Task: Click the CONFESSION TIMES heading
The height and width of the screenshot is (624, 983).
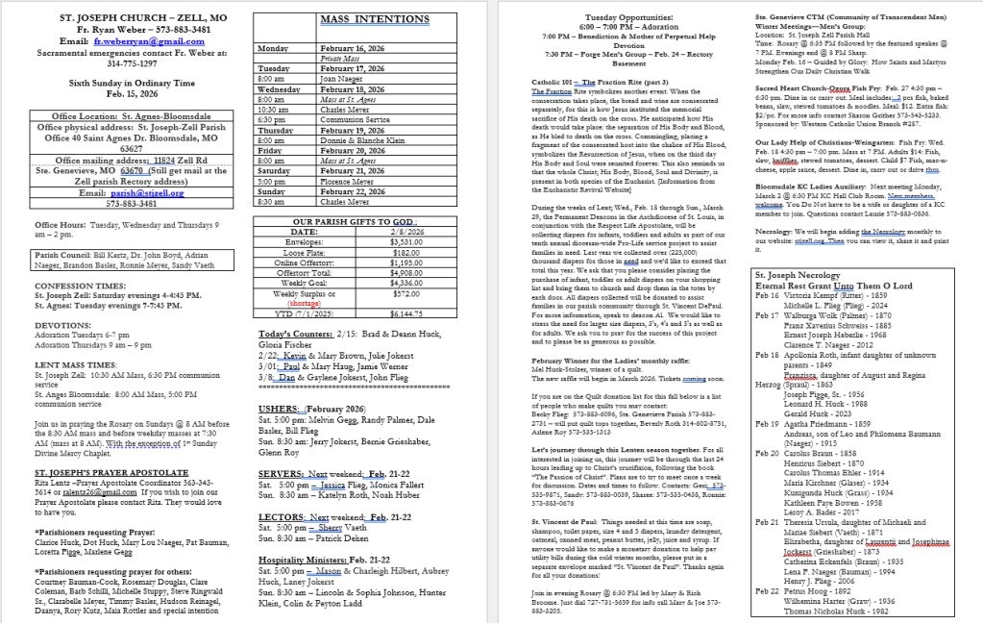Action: [x=82, y=287]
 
